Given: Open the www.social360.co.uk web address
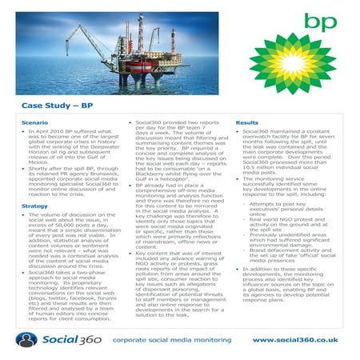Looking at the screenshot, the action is point(295,339).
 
